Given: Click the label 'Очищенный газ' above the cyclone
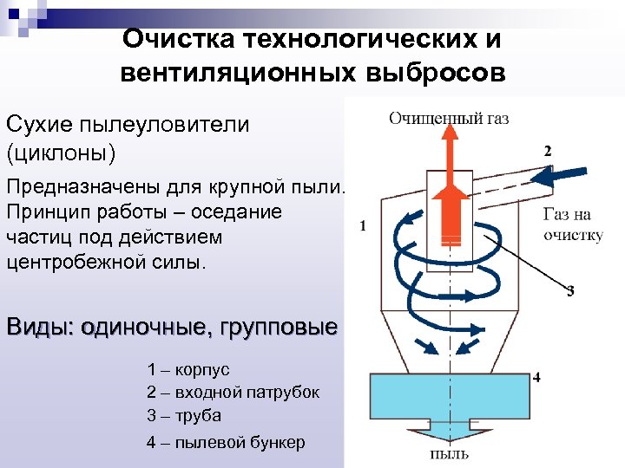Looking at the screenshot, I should point(448,118).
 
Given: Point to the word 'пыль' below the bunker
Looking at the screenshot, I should point(450,453).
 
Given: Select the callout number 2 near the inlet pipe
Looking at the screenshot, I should point(548,151).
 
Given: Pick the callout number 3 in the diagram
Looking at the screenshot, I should point(570,291).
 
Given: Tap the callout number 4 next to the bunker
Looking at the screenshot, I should point(536,377).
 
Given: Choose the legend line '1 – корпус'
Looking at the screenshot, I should point(188,370).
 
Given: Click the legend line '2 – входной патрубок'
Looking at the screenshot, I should point(233,393).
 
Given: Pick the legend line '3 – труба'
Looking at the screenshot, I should point(184,415).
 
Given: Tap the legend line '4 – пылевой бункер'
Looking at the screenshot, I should point(226,443).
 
